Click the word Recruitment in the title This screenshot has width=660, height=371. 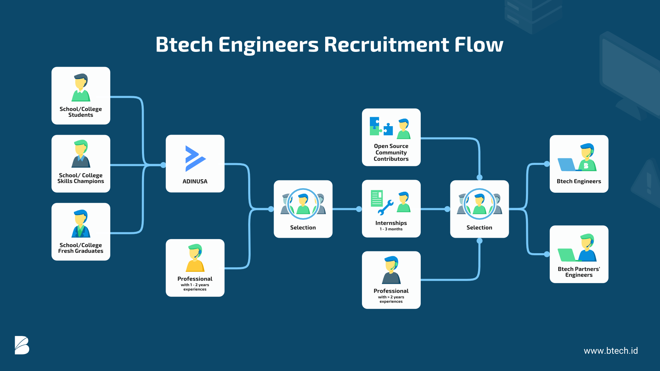pos(386,45)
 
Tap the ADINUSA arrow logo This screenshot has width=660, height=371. pos(195,158)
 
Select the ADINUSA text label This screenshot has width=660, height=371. pos(195,181)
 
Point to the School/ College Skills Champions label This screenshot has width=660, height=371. pos(81,178)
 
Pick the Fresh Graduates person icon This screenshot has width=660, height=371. pos(81,224)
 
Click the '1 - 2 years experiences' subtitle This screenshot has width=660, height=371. pos(195,287)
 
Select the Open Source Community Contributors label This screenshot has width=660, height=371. pos(391,153)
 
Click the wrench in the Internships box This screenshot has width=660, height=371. pos(385,207)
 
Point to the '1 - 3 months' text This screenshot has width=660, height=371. pos(391,229)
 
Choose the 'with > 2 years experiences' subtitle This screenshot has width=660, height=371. pos(391,299)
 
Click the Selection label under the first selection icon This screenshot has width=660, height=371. pos(303,227)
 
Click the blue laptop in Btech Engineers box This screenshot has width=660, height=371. pos(566,165)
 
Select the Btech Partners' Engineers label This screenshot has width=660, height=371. pos(579,272)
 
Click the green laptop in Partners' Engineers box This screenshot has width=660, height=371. pos(566,255)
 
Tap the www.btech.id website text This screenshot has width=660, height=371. pos(610,351)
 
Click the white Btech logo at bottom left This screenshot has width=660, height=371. pos(22,345)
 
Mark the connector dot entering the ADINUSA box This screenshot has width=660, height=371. pos(163,165)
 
